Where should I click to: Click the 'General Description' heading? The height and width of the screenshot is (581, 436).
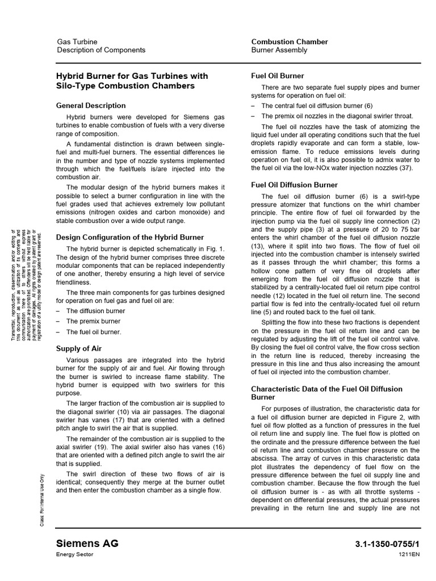(x=91, y=106)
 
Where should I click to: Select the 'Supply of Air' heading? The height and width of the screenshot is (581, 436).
(x=79, y=348)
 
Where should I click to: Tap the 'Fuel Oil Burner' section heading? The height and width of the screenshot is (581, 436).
(x=278, y=75)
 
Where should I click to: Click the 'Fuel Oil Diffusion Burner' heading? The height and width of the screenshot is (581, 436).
(x=294, y=184)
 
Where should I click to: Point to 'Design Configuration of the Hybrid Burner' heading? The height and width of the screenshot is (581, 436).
(x=130, y=237)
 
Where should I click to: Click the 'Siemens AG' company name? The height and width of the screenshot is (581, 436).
(x=87, y=544)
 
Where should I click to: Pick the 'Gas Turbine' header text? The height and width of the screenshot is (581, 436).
(x=77, y=41)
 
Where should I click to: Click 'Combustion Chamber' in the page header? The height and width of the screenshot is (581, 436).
(x=290, y=41)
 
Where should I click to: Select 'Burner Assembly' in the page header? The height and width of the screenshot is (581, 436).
(x=279, y=50)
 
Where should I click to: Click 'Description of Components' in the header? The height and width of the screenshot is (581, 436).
(x=101, y=50)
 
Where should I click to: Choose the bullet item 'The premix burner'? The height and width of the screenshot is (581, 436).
(x=93, y=321)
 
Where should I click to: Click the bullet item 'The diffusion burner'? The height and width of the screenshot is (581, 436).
(x=95, y=310)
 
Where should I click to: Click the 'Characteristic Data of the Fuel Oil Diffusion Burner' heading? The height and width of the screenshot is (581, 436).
(x=326, y=393)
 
